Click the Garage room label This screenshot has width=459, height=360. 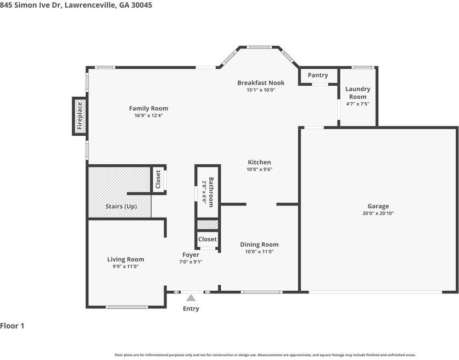(378, 206)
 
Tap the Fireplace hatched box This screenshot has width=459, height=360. (79, 116)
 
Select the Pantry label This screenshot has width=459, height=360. (317, 75)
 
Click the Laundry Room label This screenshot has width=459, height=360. (357, 93)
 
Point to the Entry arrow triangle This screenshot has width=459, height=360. (191, 298)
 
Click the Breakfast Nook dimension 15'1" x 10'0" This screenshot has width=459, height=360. (260, 90)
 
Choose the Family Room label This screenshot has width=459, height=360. (148, 108)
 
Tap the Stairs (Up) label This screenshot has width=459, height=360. (121, 207)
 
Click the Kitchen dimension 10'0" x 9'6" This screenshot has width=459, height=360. (259, 169)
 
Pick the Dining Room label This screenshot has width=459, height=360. (259, 245)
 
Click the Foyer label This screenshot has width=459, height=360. (191, 254)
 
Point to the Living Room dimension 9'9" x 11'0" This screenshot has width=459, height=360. (125, 267)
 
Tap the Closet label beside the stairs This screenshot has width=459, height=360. (158, 179)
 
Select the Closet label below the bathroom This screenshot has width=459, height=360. (208, 239)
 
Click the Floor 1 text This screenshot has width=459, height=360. (12, 326)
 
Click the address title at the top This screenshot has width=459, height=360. (76, 5)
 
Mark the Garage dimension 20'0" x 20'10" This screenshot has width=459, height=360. (378, 213)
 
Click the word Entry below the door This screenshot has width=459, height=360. (191, 308)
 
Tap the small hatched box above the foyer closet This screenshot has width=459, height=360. (208, 224)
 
